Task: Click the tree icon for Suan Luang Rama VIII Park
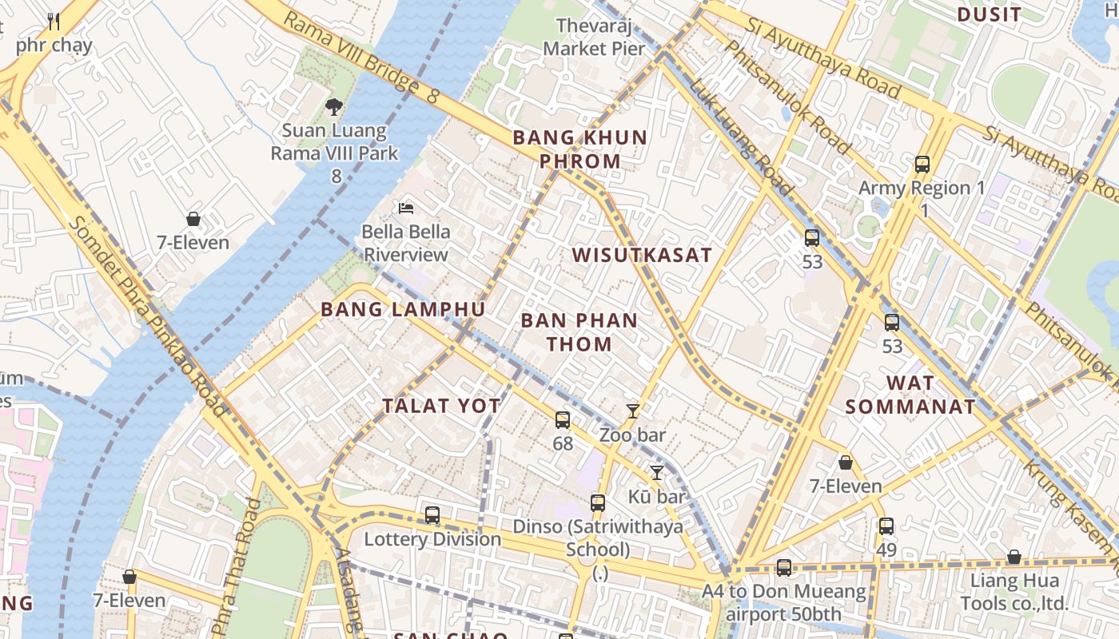[x=334, y=106]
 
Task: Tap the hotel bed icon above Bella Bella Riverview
[x=406, y=208]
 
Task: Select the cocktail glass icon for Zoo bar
[x=633, y=411]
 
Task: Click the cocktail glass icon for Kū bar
[x=656, y=473]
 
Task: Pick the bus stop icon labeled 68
[x=563, y=419]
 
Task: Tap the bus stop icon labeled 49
[x=886, y=526]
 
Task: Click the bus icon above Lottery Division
[x=432, y=515]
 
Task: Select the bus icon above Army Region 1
[x=922, y=165]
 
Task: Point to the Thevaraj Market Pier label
[x=594, y=38]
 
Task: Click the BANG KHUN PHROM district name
[x=579, y=149]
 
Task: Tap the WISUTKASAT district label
[x=642, y=256]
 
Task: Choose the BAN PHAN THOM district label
[x=579, y=332]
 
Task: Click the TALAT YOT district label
[x=441, y=406]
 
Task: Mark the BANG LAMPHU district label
[x=403, y=310]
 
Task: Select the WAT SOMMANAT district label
[x=910, y=395]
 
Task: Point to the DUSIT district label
[x=989, y=14]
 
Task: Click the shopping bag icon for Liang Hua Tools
[x=1013, y=557]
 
